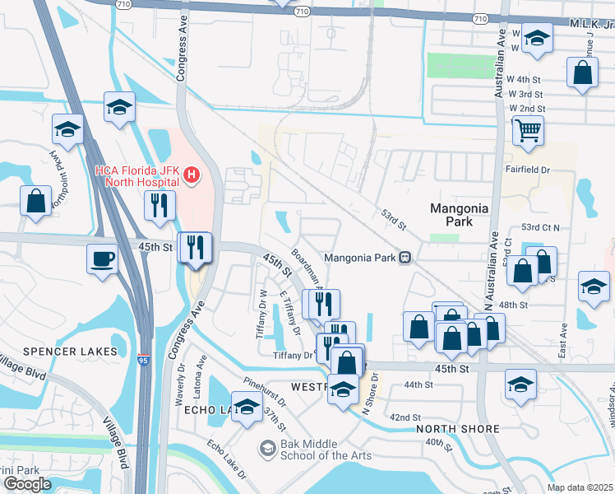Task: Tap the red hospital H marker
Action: pos(192,175)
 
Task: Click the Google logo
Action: pos(27,484)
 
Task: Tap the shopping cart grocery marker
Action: pos(528,129)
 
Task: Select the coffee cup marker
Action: pos(103,258)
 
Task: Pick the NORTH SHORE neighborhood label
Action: pos(458,429)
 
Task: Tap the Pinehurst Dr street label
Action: pos(265,394)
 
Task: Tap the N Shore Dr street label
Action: pos(369,394)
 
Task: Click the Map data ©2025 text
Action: pos(580,487)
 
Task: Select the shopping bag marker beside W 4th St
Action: pos(582,72)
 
